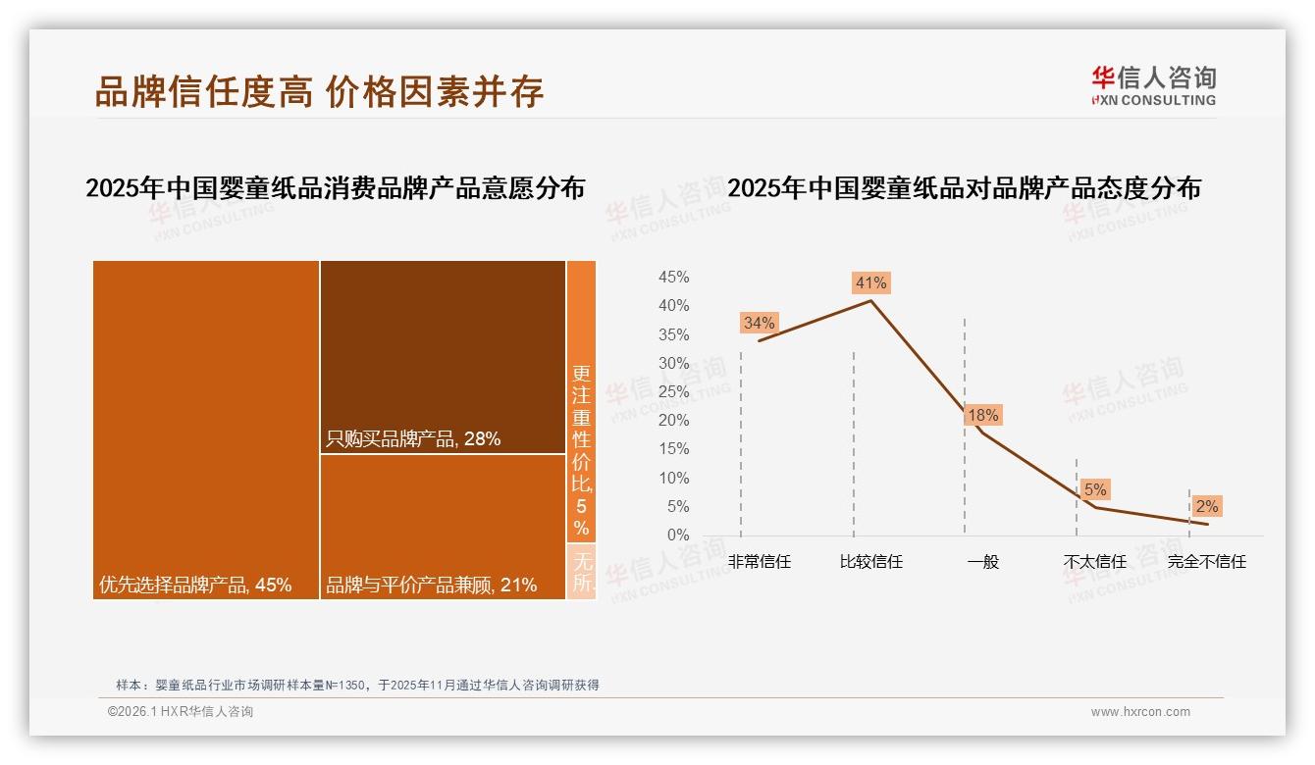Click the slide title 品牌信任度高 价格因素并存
(x=319, y=91)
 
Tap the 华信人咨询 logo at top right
(x=1153, y=85)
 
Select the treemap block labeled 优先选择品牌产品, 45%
(x=206, y=429)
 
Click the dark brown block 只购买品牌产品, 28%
(x=443, y=357)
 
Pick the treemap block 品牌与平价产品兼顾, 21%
(x=443, y=527)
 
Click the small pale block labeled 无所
(x=581, y=572)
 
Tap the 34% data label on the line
(x=759, y=323)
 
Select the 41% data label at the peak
(x=870, y=282)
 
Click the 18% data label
(x=982, y=415)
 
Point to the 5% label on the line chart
(x=1095, y=489)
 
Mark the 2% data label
(x=1206, y=506)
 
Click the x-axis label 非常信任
(x=759, y=562)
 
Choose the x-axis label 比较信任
(x=870, y=562)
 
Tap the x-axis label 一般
(x=982, y=562)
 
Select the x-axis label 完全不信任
(x=1206, y=562)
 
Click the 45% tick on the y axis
(x=673, y=278)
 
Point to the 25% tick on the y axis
(x=673, y=392)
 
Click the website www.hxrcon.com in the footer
(x=1140, y=712)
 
